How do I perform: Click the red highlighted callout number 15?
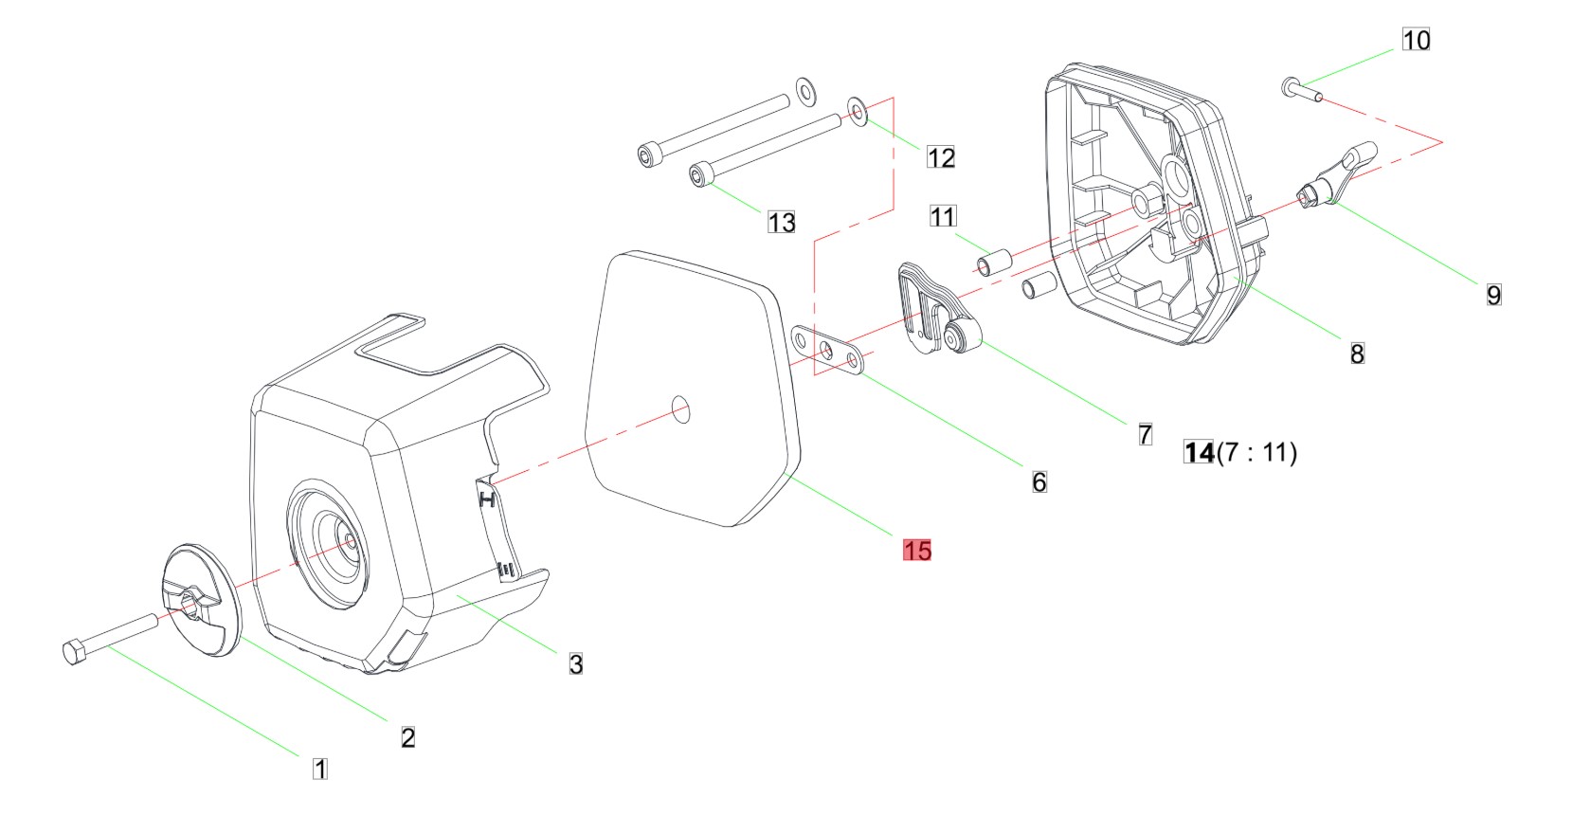coord(917,551)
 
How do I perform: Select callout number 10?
coord(1417,40)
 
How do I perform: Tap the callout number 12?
coord(941,157)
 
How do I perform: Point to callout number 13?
coord(782,223)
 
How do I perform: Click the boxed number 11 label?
coord(943,216)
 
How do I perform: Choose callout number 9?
coord(1494,295)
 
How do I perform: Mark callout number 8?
coord(1357,354)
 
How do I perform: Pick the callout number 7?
coord(1146,434)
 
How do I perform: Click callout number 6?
coord(1039,482)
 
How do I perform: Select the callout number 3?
coord(575,663)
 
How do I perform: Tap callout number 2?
coord(407,737)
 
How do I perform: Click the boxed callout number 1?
coord(320,769)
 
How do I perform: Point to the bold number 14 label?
coord(1199,453)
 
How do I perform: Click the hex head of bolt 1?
coord(74,653)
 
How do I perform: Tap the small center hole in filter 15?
coord(680,409)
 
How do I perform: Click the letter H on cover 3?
coord(487,499)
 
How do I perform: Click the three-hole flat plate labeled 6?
coord(826,350)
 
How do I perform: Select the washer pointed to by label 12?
coord(858,112)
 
